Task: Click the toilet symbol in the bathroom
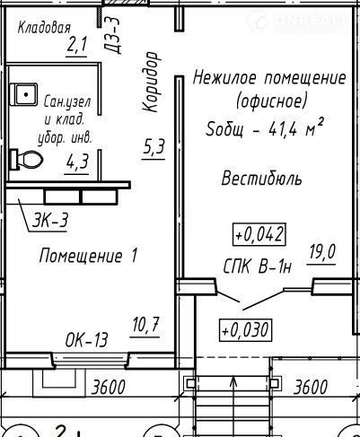26,160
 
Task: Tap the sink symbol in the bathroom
23,94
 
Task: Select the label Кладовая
44,28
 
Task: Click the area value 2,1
77,46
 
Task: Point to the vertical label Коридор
150,82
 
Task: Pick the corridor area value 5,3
154,147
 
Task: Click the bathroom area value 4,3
77,162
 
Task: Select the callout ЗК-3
50,220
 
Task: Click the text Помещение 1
88,256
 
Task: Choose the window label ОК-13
86,340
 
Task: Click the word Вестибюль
262,179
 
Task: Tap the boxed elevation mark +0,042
259,234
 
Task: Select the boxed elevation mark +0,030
246,330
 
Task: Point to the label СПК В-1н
258,267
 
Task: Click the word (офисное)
272,102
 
